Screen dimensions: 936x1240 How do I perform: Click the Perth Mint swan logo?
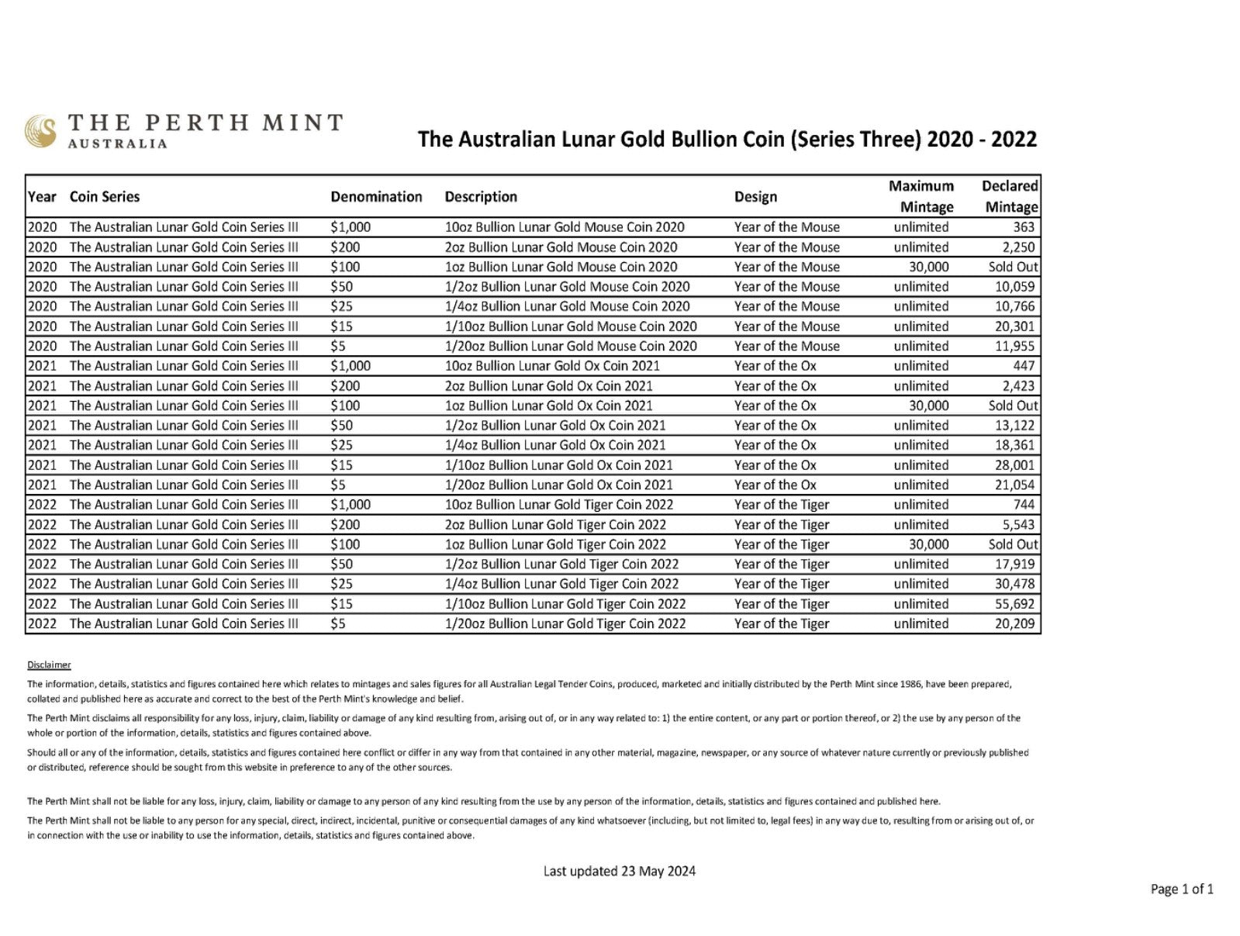point(40,131)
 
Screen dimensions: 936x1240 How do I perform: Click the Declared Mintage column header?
point(1010,196)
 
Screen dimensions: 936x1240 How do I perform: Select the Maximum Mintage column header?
point(922,196)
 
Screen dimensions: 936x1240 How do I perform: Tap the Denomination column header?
point(376,197)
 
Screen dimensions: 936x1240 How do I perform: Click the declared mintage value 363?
point(1024,227)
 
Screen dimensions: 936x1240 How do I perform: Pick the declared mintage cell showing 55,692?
point(1014,604)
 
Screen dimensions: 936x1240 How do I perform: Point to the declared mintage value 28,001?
point(1014,465)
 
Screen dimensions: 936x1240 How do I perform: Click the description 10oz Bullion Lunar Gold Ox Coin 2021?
point(552,366)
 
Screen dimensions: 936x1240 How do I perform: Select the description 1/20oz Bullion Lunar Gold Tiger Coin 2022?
point(565,623)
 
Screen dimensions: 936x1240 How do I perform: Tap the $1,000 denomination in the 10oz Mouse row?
point(351,227)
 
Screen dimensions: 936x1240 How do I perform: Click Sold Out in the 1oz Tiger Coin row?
point(1013,544)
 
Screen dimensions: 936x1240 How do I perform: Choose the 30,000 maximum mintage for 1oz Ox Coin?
point(928,406)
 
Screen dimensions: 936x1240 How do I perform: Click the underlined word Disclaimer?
point(49,665)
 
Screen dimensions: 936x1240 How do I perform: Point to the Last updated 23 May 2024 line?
point(619,871)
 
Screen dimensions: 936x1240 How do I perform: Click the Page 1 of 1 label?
point(1182,889)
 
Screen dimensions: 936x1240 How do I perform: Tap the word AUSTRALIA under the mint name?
point(117,143)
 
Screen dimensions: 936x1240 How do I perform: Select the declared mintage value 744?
point(1024,505)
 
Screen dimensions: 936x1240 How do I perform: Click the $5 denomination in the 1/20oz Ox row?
point(338,485)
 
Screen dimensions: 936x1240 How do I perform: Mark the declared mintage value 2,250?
point(1018,247)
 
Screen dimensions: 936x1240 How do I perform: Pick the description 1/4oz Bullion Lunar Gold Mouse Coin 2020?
point(567,306)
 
